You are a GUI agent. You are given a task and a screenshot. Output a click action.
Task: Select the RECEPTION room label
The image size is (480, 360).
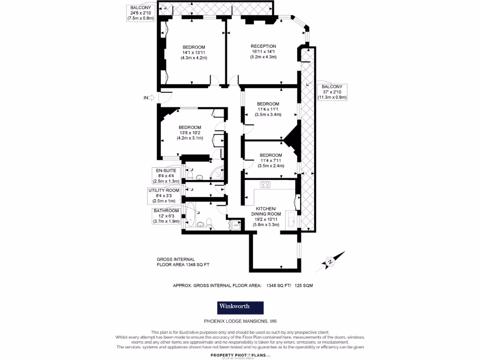(x=263, y=46)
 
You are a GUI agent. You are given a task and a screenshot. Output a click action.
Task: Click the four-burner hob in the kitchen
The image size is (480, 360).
(x=266, y=185)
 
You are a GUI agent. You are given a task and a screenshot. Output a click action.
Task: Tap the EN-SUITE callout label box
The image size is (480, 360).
(x=166, y=175)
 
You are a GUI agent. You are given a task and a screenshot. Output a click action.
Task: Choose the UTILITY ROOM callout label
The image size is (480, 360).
(x=164, y=195)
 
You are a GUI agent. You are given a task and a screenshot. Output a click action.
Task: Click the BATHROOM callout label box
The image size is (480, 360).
(x=166, y=216)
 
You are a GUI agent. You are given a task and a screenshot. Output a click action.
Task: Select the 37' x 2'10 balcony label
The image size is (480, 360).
(x=332, y=92)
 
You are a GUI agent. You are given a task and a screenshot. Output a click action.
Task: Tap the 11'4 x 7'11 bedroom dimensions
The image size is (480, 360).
(x=271, y=160)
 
